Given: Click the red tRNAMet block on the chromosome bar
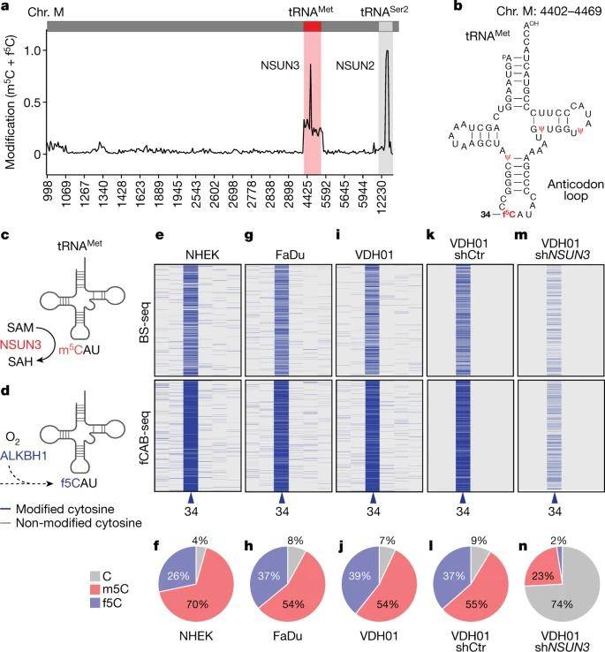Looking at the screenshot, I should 312,26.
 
